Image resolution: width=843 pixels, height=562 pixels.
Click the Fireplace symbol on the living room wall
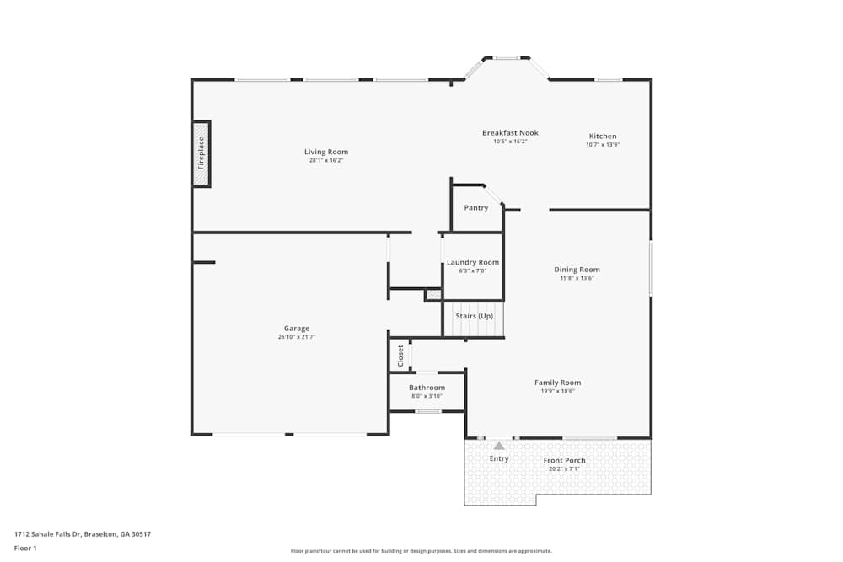(201, 154)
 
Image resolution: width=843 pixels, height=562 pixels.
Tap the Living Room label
(326, 152)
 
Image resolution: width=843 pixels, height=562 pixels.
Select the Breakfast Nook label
(510, 132)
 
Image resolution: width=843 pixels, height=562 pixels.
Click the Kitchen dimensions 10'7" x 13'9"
(603, 145)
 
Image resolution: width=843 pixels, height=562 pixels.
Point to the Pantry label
(476, 208)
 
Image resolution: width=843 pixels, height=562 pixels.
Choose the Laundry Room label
(473, 262)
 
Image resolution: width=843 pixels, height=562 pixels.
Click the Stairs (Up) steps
(474, 321)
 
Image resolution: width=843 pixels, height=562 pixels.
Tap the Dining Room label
(577, 270)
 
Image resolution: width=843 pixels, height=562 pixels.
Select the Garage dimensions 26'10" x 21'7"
(297, 337)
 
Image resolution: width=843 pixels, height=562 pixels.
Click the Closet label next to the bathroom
(400, 355)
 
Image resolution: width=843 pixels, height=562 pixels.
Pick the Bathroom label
(427, 388)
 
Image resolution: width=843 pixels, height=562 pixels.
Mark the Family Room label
(557, 383)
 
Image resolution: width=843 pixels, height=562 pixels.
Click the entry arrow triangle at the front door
(499, 445)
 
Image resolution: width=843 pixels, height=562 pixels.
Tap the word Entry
(500, 458)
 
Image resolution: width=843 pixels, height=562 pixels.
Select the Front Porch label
(565, 460)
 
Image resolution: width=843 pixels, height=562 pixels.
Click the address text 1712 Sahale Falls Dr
(82, 533)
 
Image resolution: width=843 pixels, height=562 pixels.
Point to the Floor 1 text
(25, 548)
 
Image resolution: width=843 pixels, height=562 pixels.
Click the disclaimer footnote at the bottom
(421, 550)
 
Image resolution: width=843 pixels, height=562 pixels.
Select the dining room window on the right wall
(650, 268)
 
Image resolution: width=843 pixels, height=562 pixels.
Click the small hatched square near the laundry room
(432, 295)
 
